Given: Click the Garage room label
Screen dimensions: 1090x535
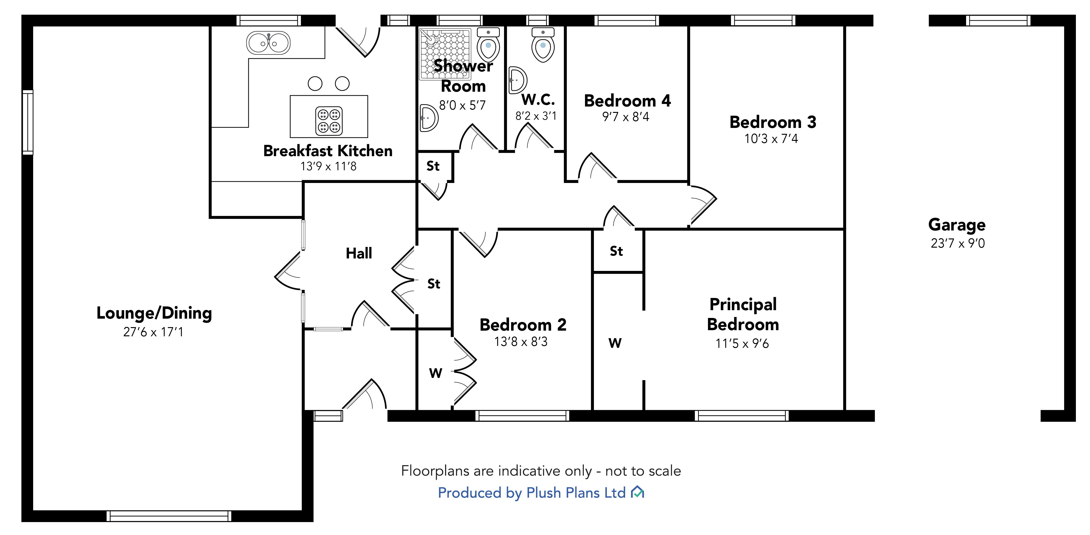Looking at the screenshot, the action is pos(957,225).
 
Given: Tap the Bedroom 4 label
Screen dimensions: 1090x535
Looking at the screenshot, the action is pos(627,101).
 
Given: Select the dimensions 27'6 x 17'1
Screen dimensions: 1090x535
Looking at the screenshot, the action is pos(153,332).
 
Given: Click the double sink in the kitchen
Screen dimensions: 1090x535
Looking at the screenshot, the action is pos(268,43).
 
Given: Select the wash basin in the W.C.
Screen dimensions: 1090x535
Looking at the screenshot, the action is pos(517,80).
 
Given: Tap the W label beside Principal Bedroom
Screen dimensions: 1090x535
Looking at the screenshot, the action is pos(615,343).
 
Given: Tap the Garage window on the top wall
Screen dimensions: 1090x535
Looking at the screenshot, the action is pos(998,20).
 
